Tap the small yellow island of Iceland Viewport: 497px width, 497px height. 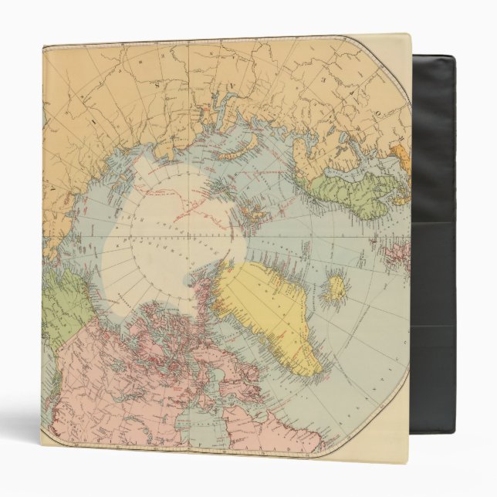[x=336, y=289]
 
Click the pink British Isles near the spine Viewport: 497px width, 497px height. [x=398, y=255]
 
